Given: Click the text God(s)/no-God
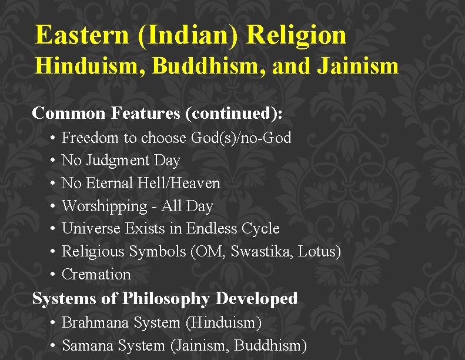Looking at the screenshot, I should [x=241, y=138].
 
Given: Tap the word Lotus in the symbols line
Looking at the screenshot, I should [x=317, y=252].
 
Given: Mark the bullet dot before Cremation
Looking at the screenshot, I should [x=53, y=275].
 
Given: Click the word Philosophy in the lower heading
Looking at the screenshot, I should [x=166, y=299].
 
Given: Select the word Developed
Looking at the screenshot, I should [x=256, y=299].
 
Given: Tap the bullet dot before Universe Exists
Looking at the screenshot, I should [x=53, y=229].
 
